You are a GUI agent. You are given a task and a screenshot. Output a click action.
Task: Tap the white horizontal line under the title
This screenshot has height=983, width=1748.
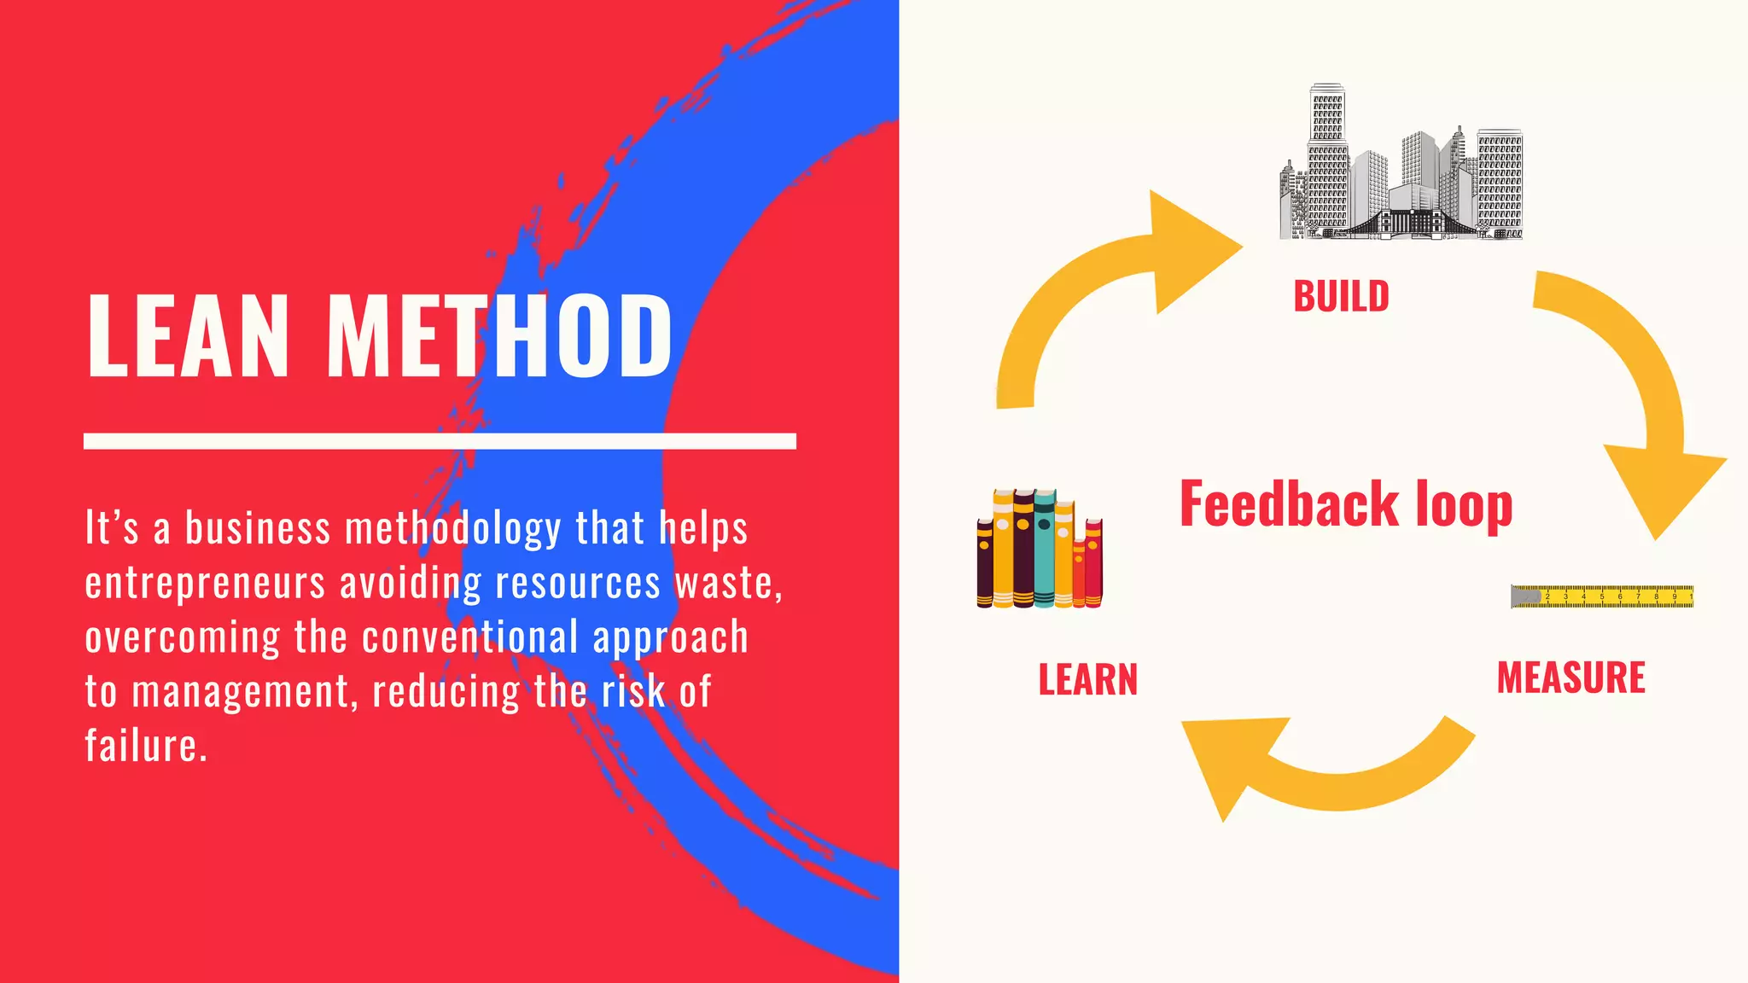point(440,441)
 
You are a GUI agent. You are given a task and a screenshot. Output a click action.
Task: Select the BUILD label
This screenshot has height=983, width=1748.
point(1341,297)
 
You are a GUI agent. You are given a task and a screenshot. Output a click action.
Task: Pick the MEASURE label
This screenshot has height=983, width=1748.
point(1570,678)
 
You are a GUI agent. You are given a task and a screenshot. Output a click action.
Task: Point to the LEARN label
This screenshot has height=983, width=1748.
point(1087,680)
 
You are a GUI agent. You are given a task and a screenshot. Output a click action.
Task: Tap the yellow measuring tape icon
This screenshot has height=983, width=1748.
point(1602,596)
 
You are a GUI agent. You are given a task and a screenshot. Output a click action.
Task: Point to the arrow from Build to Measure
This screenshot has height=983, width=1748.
point(1639,401)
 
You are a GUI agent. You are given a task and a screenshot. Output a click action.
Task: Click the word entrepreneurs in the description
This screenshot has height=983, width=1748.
point(205,584)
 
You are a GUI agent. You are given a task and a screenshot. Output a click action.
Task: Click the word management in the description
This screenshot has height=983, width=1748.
point(241,691)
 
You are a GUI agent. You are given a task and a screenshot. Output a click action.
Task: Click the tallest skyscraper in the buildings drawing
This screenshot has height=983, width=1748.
point(1326,154)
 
